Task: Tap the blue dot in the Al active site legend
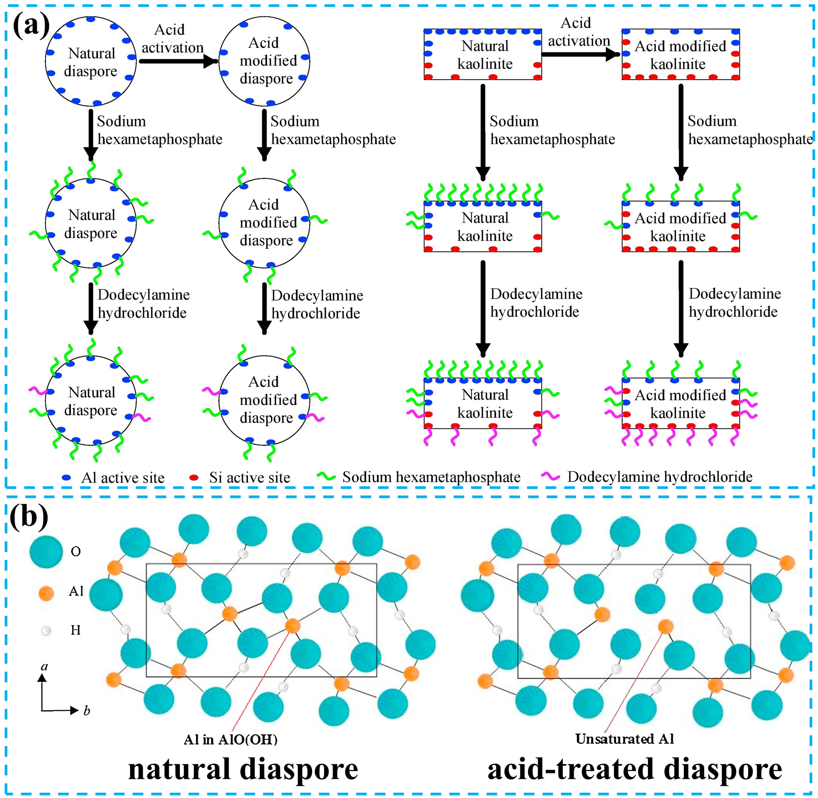pos(67,477)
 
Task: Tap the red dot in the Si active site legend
pos(194,477)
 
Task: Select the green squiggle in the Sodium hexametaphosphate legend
pos(326,476)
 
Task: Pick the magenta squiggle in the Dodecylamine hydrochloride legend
pos(550,476)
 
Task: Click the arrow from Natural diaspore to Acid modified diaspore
pos(178,62)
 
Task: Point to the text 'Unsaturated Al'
pos(624,739)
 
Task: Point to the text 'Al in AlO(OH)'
pos(230,739)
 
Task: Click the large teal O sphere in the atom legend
pos(46,551)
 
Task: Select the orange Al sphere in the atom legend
pos(46,594)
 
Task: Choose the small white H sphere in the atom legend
pos(46,630)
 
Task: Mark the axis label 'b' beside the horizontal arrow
pos(87,711)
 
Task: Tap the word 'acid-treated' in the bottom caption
pos(570,769)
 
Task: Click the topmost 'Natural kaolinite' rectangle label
pos(485,55)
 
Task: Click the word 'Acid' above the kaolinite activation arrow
pos(576,23)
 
